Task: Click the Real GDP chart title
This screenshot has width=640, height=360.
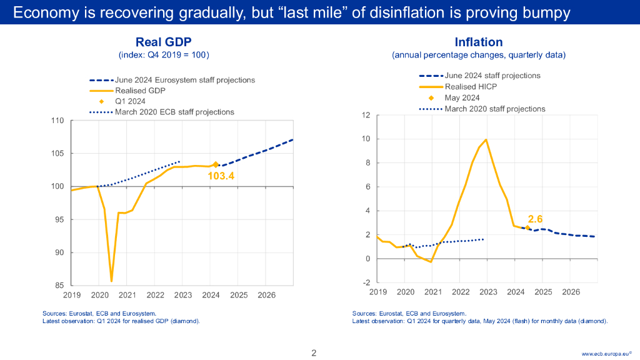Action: (x=163, y=42)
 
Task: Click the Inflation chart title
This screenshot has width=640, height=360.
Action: (x=478, y=42)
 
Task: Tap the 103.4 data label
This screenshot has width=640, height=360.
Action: (x=221, y=176)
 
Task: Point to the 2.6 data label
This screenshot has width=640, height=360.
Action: (x=535, y=219)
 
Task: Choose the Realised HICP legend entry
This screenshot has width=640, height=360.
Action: (x=471, y=87)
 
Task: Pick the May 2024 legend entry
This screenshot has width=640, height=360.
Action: (x=462, y=97)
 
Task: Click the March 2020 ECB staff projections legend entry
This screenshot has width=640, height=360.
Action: (x=174, y=112)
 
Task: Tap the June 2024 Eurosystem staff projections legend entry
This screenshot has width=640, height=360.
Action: (x=184, y=80)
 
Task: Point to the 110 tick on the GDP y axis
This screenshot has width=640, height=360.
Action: (x=57, y=121)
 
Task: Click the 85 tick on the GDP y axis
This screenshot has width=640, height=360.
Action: (x=59, y=286)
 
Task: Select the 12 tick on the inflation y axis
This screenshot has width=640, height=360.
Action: (x=366, y=116)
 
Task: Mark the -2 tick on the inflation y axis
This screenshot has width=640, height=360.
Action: (x=367, y=282)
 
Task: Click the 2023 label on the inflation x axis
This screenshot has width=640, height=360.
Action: (x=488, y=292)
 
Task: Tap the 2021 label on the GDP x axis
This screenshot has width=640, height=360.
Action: (x=127, y=295)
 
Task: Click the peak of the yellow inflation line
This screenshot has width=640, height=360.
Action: (x=486, y=139)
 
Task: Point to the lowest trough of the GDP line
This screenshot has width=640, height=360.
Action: (x=111, y=281)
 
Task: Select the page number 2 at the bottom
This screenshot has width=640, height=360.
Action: (x=314, y=353)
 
